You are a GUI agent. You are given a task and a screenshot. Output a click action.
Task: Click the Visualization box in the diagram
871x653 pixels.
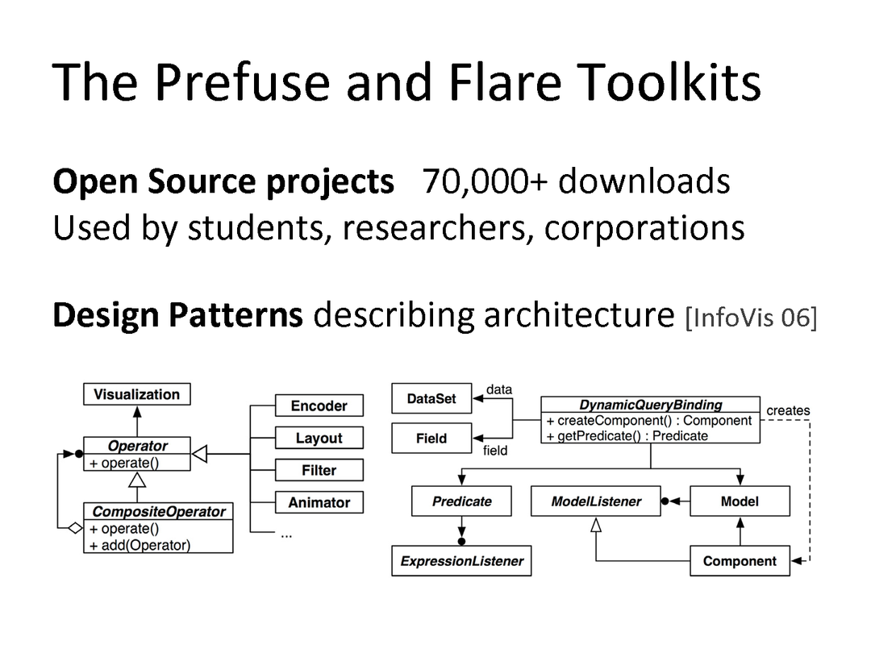coord(136,394)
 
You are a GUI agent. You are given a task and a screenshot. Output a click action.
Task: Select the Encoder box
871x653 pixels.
coord(319,406)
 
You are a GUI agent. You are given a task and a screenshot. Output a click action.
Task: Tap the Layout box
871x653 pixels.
coord(319,438)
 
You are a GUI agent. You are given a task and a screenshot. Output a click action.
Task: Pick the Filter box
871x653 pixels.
coord(319,470)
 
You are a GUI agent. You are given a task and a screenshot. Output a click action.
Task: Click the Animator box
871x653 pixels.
coord(319,502)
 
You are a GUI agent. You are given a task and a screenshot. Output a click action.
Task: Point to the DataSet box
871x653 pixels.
coord(431,398)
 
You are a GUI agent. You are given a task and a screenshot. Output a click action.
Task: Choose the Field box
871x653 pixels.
coord(431,439)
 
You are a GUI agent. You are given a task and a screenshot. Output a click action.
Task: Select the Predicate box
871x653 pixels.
coord(461,501)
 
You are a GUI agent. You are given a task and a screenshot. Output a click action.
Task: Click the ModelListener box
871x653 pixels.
coord(596,501)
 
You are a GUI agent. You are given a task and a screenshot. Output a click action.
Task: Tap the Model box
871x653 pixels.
coord(740,501)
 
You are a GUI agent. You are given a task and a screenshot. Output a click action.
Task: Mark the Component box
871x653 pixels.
coord(740,561)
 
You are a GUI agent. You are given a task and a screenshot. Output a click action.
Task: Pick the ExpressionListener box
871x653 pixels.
coord(461,561)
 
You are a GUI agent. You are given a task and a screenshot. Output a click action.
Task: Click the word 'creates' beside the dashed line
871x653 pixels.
coord(788,410)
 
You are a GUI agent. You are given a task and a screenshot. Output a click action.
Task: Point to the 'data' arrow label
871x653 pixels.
coord(499,389)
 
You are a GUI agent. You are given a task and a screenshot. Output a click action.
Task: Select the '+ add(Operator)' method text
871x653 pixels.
coord(140,545)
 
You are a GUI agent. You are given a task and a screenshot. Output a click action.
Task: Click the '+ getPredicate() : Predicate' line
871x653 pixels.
coord(627,435)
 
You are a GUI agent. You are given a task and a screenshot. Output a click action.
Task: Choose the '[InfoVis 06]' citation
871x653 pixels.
coord(750,318)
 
